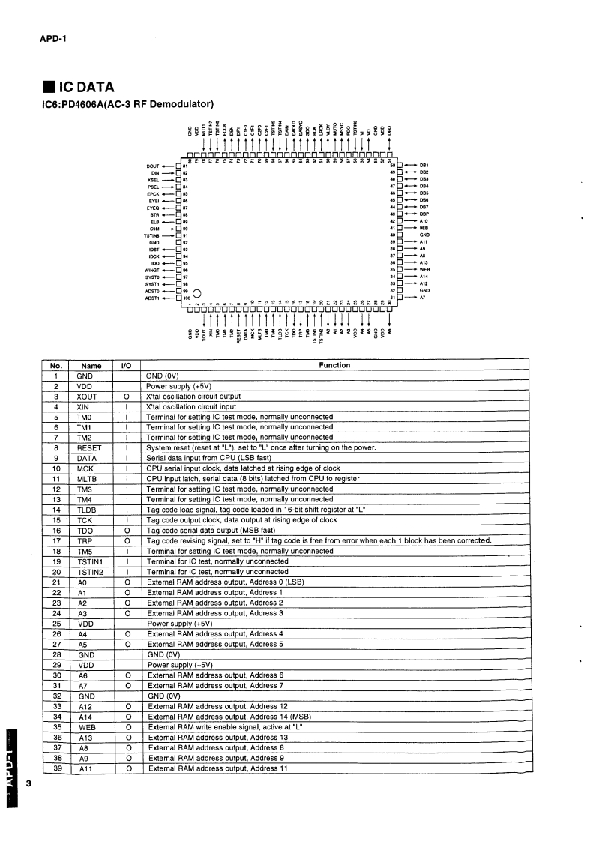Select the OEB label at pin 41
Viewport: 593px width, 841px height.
(424, 228)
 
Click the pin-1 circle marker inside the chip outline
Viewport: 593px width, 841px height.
(197, 293)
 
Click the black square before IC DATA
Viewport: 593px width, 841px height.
(46, 88)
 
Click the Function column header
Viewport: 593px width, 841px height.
(334, 365)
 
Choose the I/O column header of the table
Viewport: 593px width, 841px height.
(127, 365)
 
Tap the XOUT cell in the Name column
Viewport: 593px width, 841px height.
(91, 396)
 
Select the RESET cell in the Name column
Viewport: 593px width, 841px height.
(91, 447)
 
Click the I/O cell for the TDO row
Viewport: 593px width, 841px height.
(127, 530)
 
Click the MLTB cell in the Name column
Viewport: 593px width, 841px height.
(91, 478)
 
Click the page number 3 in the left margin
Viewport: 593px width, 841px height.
(28, 784)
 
